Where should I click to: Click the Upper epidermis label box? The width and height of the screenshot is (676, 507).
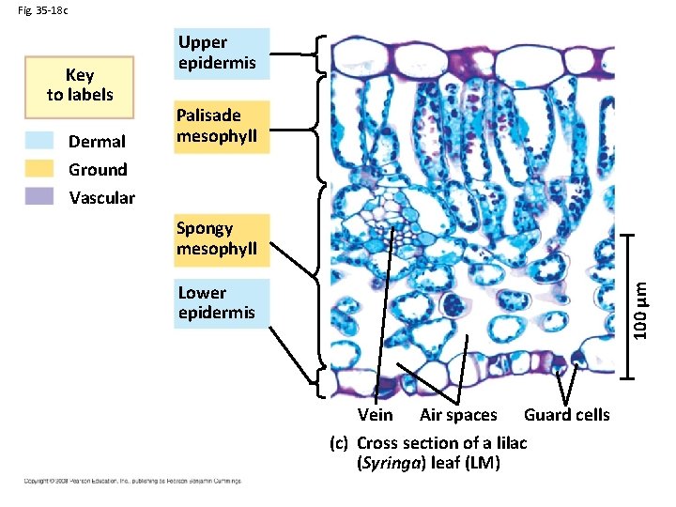click(x=223, y=54)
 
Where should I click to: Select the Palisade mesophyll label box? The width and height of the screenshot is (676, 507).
click(x=223, y=127)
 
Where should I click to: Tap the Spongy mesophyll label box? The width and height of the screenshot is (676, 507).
click(x=223, y=239)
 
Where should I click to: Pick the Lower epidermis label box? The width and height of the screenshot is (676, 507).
click(x=223, y=302)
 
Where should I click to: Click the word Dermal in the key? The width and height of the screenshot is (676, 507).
click(x=97, y=142)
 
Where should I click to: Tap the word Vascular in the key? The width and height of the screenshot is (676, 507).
click(x=101, y=198)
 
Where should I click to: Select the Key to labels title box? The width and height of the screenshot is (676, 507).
click(x=80, y=85)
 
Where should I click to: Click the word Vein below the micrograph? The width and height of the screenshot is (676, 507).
click(x=376, y=415)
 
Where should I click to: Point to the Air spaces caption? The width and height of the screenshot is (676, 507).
click(x=458, y=415)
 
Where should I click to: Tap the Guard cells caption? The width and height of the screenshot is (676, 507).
click(x=566, y=415)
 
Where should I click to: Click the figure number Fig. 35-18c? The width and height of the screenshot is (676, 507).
click(x=42, y=11)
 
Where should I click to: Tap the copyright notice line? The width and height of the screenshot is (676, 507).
click(x=131, y=481)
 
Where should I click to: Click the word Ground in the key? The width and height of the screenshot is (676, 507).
click(x=98, y=170)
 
